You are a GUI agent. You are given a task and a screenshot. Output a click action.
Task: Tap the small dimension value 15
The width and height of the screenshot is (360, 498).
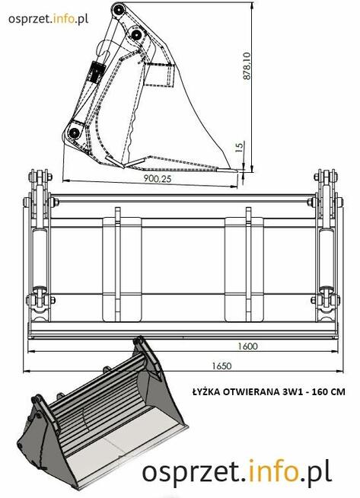tap(240, 146)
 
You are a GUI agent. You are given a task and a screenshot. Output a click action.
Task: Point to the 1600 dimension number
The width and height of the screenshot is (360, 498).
tap(245, 346)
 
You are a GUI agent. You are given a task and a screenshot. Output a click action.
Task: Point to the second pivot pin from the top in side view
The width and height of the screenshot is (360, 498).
tap(136, 36)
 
